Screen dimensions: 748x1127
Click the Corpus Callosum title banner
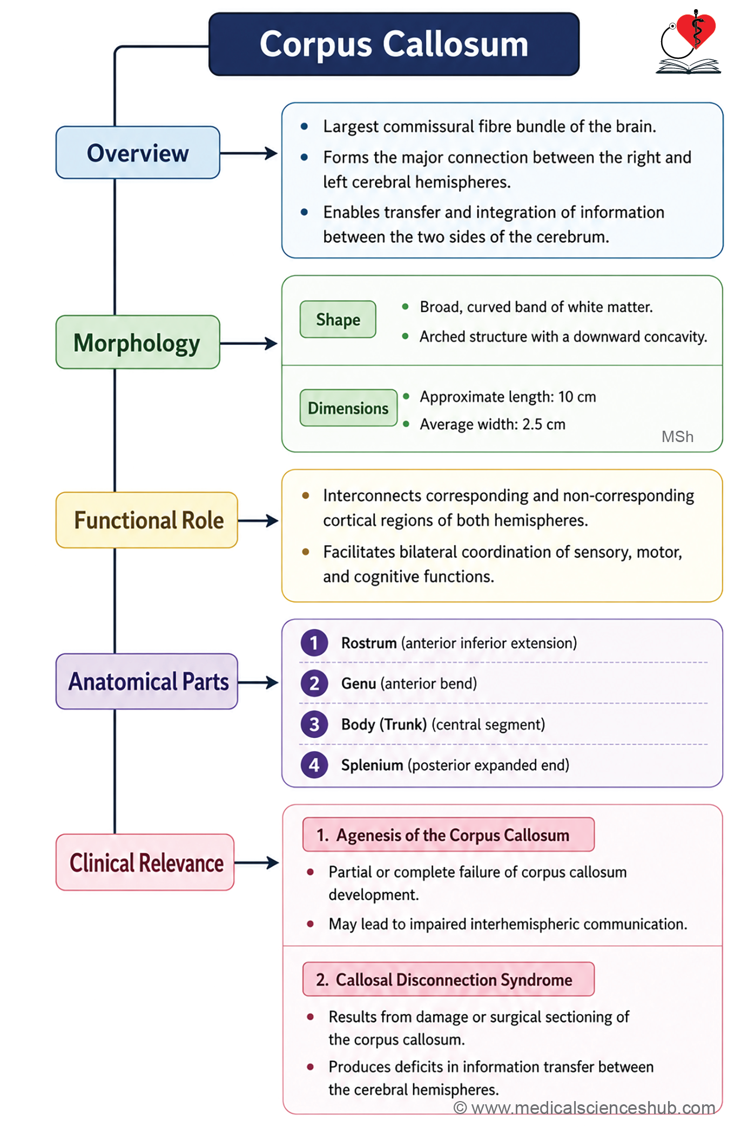click(x=394, y=44)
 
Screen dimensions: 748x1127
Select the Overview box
click(x=138, y=153)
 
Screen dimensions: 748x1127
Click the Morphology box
click(x=138, y=342)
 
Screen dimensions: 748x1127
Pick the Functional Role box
click(x=147, y=520)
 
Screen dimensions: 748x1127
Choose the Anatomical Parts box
click(x=147, y=681)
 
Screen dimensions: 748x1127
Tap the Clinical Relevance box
click(x=145, y=862)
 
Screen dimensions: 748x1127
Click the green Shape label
click(x=338, y=320)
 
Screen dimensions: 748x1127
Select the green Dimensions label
click(x=348, y=408)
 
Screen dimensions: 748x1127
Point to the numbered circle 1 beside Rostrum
click(x=314, y=643)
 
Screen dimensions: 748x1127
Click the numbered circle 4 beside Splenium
click(x=314, y=765)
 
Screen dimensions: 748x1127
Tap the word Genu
click(x=359, y=684)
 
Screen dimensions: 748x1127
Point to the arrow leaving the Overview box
click(x=249, y=153)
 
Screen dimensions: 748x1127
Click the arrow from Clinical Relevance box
click(x=257, y=863)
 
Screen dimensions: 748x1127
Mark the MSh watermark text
click(x=678, y=437)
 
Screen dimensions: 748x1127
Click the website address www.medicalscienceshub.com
click(x=593, y=1108)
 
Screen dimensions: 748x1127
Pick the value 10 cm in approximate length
click(x=577, y=397)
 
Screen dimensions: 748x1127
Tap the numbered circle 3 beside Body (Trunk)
click(x=314, y=724)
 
